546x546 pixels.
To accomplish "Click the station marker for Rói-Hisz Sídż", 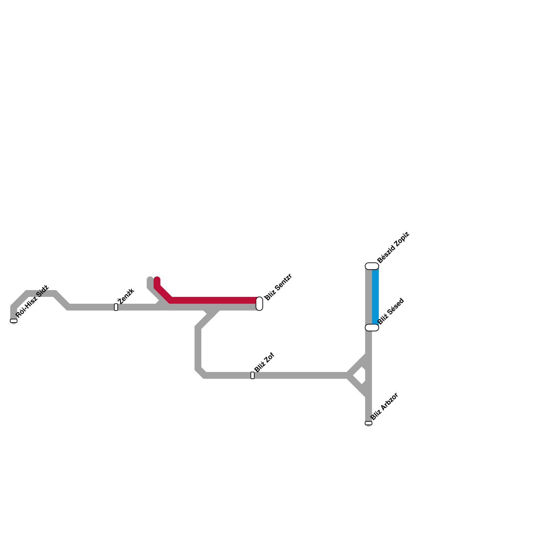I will (x=14, y=321).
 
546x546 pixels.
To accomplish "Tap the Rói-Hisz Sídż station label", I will (x=32, y=301).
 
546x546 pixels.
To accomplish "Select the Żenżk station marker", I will (x=116, y=307).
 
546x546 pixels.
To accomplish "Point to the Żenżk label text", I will (x=126, y=296).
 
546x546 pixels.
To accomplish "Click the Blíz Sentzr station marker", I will (x=259, y=304).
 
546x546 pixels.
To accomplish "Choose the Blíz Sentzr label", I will (x=278, y=287).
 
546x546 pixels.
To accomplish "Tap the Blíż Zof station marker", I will (x=253, y=375).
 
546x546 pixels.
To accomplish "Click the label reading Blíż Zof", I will (x=264, y=362).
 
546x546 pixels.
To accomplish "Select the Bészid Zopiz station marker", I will (x=372, y=266).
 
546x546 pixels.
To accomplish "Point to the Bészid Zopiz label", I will (x=393, y=247).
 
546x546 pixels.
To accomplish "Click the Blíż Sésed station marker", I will (x=372, y=328).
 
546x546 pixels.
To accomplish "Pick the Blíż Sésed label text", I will (x=391, y=311).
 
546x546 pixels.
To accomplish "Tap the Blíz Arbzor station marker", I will (x=369, y=423).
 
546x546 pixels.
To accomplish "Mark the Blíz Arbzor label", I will (x=384, y=406).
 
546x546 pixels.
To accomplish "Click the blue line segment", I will (x=375, y=297).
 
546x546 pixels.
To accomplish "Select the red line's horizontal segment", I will (x=215, y=300).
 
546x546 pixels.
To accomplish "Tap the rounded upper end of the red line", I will (x=157, y=280).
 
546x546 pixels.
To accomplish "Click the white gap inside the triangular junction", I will (x=360, y=376).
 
